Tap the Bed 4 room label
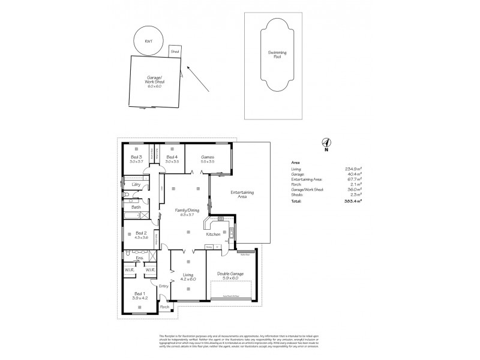[172, 158]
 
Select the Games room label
[208, 158]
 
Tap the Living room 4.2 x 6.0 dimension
[188, 280]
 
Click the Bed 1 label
[139, 294]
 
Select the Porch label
[164, 307]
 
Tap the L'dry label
[136, 184]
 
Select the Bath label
[136, 207]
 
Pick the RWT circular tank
[148, 41]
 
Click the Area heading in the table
[295, 163]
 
